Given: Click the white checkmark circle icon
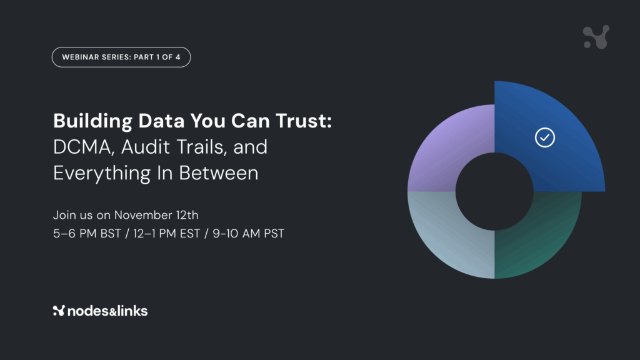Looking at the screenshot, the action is point(545,137).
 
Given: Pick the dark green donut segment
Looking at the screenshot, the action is point(547,237).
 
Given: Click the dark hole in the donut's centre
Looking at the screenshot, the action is point(494,191).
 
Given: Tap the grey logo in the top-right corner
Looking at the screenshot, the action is point(596,37).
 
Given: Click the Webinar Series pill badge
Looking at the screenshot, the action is point(121,57).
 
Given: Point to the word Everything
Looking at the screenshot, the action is point(102,173).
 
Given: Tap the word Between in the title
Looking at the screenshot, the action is point(218,173).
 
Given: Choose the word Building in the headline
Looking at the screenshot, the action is point(93,121).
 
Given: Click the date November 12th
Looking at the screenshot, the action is point(156,215).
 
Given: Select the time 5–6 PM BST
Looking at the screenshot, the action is point(87,234).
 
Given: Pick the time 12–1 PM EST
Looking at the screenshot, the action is point(166,234).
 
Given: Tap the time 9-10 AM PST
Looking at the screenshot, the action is point(248,234).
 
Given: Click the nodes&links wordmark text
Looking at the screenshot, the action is point(107,311).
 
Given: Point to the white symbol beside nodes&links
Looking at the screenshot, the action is point(59,311).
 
